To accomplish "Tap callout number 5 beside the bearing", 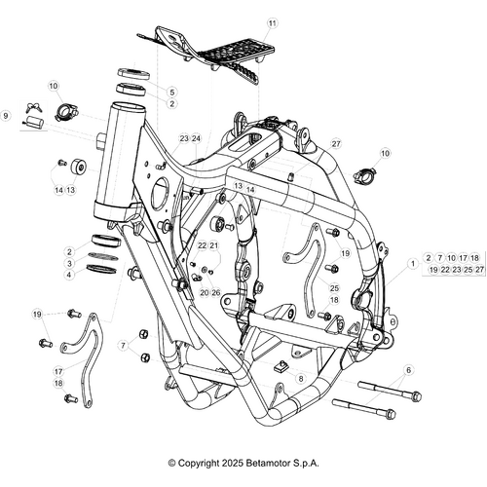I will pos(171,91).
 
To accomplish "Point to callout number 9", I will pos(6,116).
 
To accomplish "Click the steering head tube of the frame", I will pos(115,161).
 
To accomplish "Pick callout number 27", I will pos(336,143).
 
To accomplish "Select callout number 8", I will pos(301,377).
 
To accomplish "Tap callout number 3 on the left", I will pos(70,263).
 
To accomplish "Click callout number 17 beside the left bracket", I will pos(58,371).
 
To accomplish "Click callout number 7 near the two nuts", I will pos(123,345).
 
